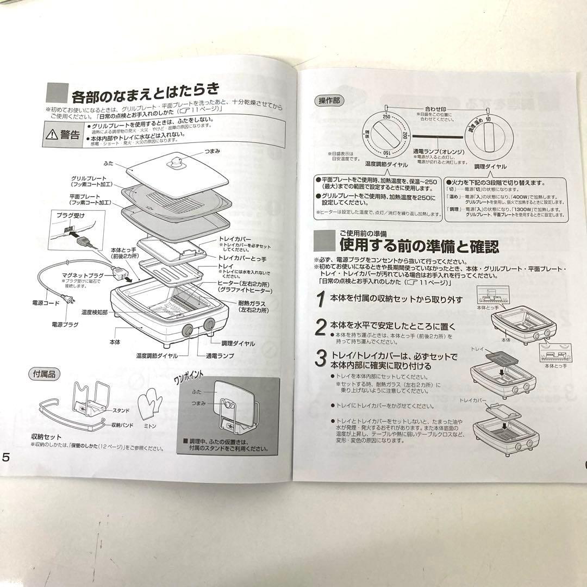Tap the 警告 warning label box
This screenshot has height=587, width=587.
(64, 134)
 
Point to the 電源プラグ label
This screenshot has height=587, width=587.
(65, 324)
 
